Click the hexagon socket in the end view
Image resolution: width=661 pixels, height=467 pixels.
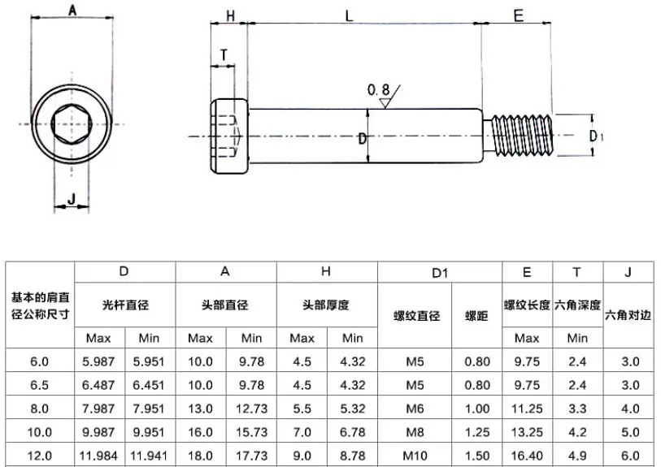72,123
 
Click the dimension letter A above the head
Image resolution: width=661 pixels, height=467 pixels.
72,10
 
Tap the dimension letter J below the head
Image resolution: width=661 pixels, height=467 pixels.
72,198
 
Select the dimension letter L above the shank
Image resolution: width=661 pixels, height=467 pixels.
349,16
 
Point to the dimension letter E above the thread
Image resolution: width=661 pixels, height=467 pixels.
518,15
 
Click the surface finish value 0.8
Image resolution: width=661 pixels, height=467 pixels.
378,89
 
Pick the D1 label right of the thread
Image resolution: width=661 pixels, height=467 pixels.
596,136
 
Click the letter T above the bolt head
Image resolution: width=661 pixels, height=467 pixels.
224,55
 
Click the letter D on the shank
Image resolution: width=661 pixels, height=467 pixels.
362,139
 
